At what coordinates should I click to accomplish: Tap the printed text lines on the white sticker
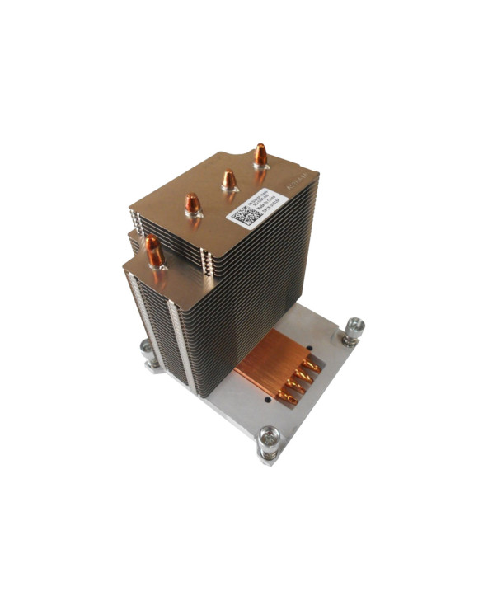265,205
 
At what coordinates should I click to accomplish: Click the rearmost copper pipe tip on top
260,155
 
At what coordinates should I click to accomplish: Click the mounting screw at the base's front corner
269,441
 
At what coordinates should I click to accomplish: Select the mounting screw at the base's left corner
147,353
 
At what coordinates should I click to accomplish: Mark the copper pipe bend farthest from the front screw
310,364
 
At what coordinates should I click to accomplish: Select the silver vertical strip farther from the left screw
175,338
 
